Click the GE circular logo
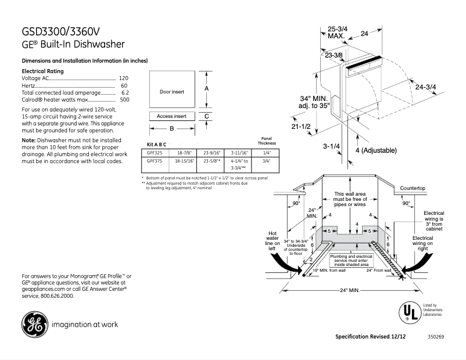point(33,324)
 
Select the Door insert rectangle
point(171,92)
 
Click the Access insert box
point(171,116)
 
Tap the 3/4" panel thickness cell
point(267,160)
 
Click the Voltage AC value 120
point(123,78)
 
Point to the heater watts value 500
point(123,99)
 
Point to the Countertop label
point(413,189)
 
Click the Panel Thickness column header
point(267,141)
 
